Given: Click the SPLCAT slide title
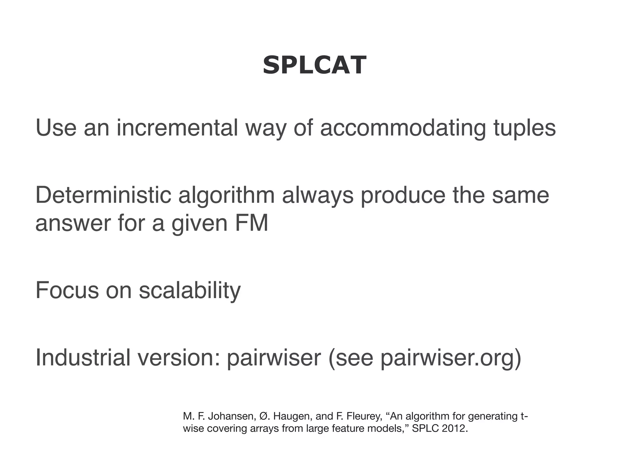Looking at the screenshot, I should tap(314, 65).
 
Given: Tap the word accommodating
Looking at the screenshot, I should tap(403, 128).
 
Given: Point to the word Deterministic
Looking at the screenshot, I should tap(103, 195).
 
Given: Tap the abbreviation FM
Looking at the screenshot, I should tap(251, 223).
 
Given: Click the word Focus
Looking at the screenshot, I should tap(67, 290).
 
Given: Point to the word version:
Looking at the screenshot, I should tap(179, 358).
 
